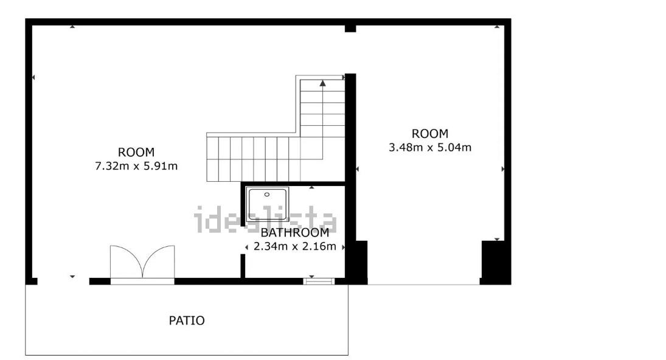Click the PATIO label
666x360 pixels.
click(x=187, y=320)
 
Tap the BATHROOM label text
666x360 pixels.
click(x=295, y=233)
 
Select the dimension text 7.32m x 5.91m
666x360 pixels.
click(x=136, y=166)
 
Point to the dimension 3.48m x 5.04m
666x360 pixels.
click(x=430, y=147)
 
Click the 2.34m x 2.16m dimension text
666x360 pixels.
click(x=295, y=246)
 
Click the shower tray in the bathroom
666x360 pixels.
click(x=267, y=204)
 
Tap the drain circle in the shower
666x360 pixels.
click(x=267, y=195)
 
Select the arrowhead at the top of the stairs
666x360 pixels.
click(x=323, y=83)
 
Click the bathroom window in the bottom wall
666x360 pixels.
click(x=319, y=281)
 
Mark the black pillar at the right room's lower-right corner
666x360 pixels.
click(x=495, y=262)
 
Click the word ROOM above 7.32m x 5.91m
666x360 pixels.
click(x=136, y=152)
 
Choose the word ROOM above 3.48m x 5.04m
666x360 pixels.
click(x=430, y=134)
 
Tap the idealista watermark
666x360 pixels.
click(x=265, y=220)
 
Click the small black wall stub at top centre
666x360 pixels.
click(x=350, y=29)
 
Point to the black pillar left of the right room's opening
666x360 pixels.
click(x=357, y=262)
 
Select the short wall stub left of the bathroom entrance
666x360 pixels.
click(x=243, y=266)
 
